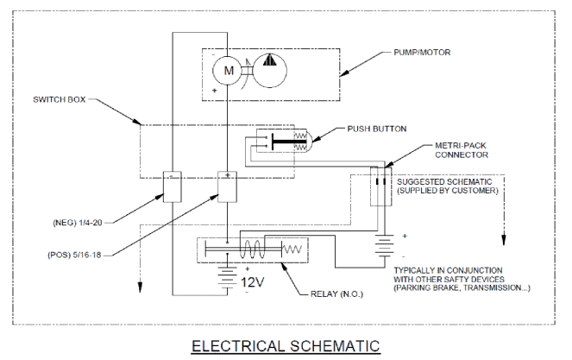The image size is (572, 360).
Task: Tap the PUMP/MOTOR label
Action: coord(422,53)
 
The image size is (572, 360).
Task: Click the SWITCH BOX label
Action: coord(59,99)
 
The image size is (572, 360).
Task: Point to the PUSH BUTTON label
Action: coord(377,129)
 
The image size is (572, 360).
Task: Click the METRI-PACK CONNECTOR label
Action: coord(461,150)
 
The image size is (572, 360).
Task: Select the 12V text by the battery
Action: coord(253,282)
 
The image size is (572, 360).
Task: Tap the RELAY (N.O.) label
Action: coord(336,294)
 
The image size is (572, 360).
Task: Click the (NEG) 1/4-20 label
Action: coord(78,223)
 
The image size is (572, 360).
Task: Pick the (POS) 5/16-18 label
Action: coord(74,255)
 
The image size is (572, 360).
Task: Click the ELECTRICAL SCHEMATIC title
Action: coord(286,346)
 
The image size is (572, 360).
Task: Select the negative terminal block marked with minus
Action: coord(173,186)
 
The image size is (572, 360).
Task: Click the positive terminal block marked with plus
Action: coord(227,186)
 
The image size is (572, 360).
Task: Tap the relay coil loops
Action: coord(252,249)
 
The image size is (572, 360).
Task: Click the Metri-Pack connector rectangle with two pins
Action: coord(380,186)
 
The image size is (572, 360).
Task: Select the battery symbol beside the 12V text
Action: coord(227,276)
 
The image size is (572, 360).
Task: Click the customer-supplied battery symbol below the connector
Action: coord(385,245)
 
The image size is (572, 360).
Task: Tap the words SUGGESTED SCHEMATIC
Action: coord(444,182)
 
